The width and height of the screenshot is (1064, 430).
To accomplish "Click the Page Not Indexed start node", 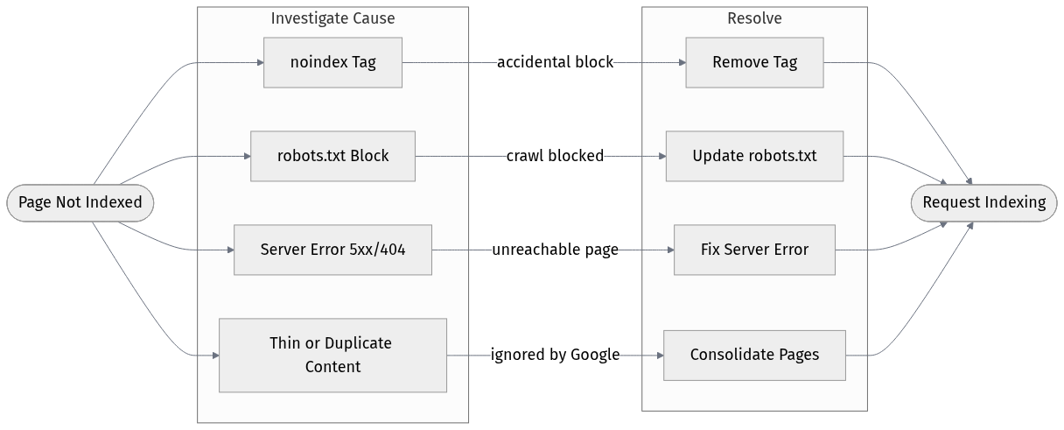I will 80,202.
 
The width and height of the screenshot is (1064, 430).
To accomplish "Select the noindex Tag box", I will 332,62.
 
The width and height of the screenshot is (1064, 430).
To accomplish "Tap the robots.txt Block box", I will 332,156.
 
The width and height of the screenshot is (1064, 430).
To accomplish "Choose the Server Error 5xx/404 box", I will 332,250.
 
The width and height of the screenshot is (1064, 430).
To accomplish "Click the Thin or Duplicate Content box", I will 332,355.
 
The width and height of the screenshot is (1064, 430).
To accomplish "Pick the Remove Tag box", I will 754,62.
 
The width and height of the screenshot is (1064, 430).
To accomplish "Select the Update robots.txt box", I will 754,156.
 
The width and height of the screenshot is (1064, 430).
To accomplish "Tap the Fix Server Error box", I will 754,250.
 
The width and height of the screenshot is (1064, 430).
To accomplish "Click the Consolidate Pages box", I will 754,355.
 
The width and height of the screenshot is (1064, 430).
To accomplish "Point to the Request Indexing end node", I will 983,202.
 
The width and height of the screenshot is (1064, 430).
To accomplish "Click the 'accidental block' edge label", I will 555,62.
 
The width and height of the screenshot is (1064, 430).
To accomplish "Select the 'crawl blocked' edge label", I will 555,156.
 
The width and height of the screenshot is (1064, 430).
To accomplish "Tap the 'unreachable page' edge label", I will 555,250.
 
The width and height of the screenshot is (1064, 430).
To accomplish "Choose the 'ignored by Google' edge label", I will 555,355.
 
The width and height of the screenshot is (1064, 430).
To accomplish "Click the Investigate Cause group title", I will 332,18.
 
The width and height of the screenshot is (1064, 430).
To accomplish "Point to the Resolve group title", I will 754,18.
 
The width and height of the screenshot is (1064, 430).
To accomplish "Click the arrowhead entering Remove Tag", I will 681,62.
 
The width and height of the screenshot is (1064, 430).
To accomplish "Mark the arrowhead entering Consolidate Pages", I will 659,355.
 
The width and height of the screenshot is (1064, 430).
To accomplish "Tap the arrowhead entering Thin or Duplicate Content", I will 214,355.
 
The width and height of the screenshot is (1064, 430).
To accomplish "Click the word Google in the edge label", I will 595,355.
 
